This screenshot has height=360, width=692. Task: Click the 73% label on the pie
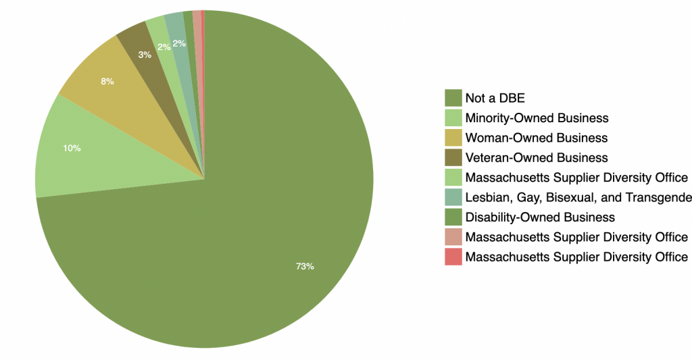pos(305,266)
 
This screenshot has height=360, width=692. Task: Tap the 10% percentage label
pos(72,148)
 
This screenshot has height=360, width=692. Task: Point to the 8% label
pos(107,82)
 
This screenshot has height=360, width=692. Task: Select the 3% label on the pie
pos(145,55)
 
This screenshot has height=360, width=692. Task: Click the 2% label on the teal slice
pos(179,44)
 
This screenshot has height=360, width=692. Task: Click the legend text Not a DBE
pos(495,99)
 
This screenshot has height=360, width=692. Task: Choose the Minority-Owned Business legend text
pos(537,118)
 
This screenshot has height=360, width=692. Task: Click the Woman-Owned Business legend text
pos(537,138)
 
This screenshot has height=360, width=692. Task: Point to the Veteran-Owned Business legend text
pos(537,158)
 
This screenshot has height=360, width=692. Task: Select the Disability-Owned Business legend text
pos(540,217)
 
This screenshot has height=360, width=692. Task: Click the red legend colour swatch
pos(453,257)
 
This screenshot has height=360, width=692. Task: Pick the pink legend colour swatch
pos(453,237)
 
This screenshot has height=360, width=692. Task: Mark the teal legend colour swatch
pos(453,197)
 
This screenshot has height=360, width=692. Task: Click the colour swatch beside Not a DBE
pos(453,99)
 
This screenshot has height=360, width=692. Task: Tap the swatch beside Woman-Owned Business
pos(453,138)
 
